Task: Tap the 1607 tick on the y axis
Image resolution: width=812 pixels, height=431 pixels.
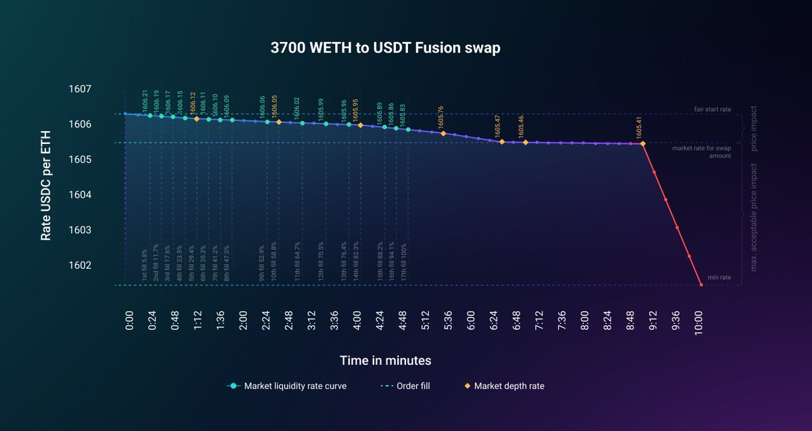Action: click(x=80, y=89)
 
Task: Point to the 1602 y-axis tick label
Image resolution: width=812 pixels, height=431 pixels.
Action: click(x=80, y=265)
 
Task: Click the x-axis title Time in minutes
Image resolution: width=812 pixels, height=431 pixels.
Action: click(x=385, y=360)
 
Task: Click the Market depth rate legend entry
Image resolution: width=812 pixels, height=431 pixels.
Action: click(x=508, y=386)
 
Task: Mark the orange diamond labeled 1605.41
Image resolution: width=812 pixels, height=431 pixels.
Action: click(x=642, y=144)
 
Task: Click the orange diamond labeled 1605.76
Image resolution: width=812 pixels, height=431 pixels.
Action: click(x=443, y=134)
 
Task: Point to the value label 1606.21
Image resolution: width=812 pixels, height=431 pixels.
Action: click(x=145, y=101)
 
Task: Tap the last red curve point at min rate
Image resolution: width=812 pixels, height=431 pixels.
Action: click(x=701, y=285)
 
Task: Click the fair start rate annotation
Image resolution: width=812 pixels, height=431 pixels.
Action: click(x=713, y=109)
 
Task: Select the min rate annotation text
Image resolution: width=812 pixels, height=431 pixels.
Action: click(x=719, y=278)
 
